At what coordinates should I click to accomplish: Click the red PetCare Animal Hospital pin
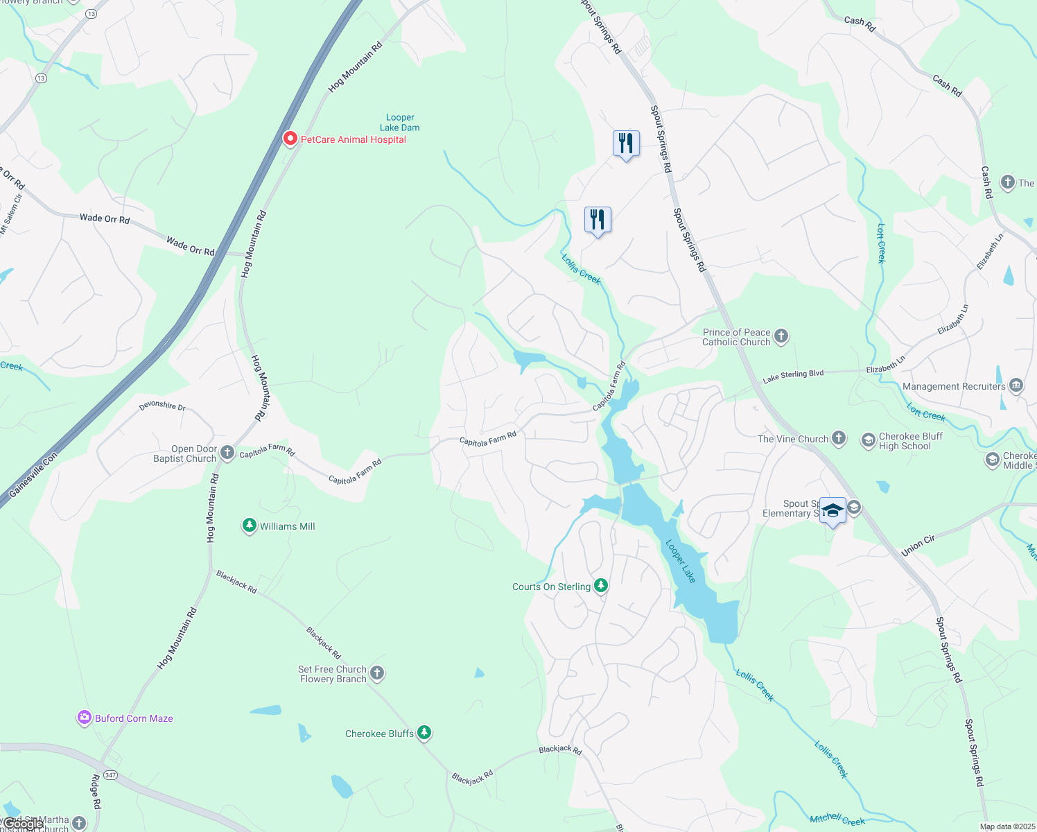click(x=290, y=139)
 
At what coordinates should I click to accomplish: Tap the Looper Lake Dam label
click(x=400, y=123)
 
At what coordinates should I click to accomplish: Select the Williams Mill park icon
click(x=250, y=526)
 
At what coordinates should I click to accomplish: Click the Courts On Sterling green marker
click(x=601, y=586)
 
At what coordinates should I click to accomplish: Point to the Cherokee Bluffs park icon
click(x=424, y=732)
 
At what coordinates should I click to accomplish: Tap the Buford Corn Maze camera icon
click(x=85, y=718)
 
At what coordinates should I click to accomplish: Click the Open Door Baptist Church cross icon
click(x=227, y=453)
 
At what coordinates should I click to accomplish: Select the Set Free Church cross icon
click(x=377, y=673)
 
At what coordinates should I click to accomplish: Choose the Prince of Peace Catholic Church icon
click(x=781, y=336)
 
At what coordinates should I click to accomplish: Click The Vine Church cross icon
click(x=839, y=438)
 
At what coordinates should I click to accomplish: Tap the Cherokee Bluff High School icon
click(x=868, y=440)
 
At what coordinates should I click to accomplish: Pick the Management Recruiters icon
click(x=1016, y=385)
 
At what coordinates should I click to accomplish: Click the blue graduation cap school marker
click(x=833, y=511)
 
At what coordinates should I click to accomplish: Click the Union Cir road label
click(x=918, y=546)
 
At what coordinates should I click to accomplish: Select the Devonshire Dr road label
click(x=162, y=406)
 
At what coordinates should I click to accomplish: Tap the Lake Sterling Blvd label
click(x=793, y=376)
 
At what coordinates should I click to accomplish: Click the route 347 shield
click(x=110, y=774)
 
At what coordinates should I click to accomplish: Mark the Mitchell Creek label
click(x=837, y=820)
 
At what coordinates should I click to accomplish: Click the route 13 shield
click(x=41, y=78)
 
